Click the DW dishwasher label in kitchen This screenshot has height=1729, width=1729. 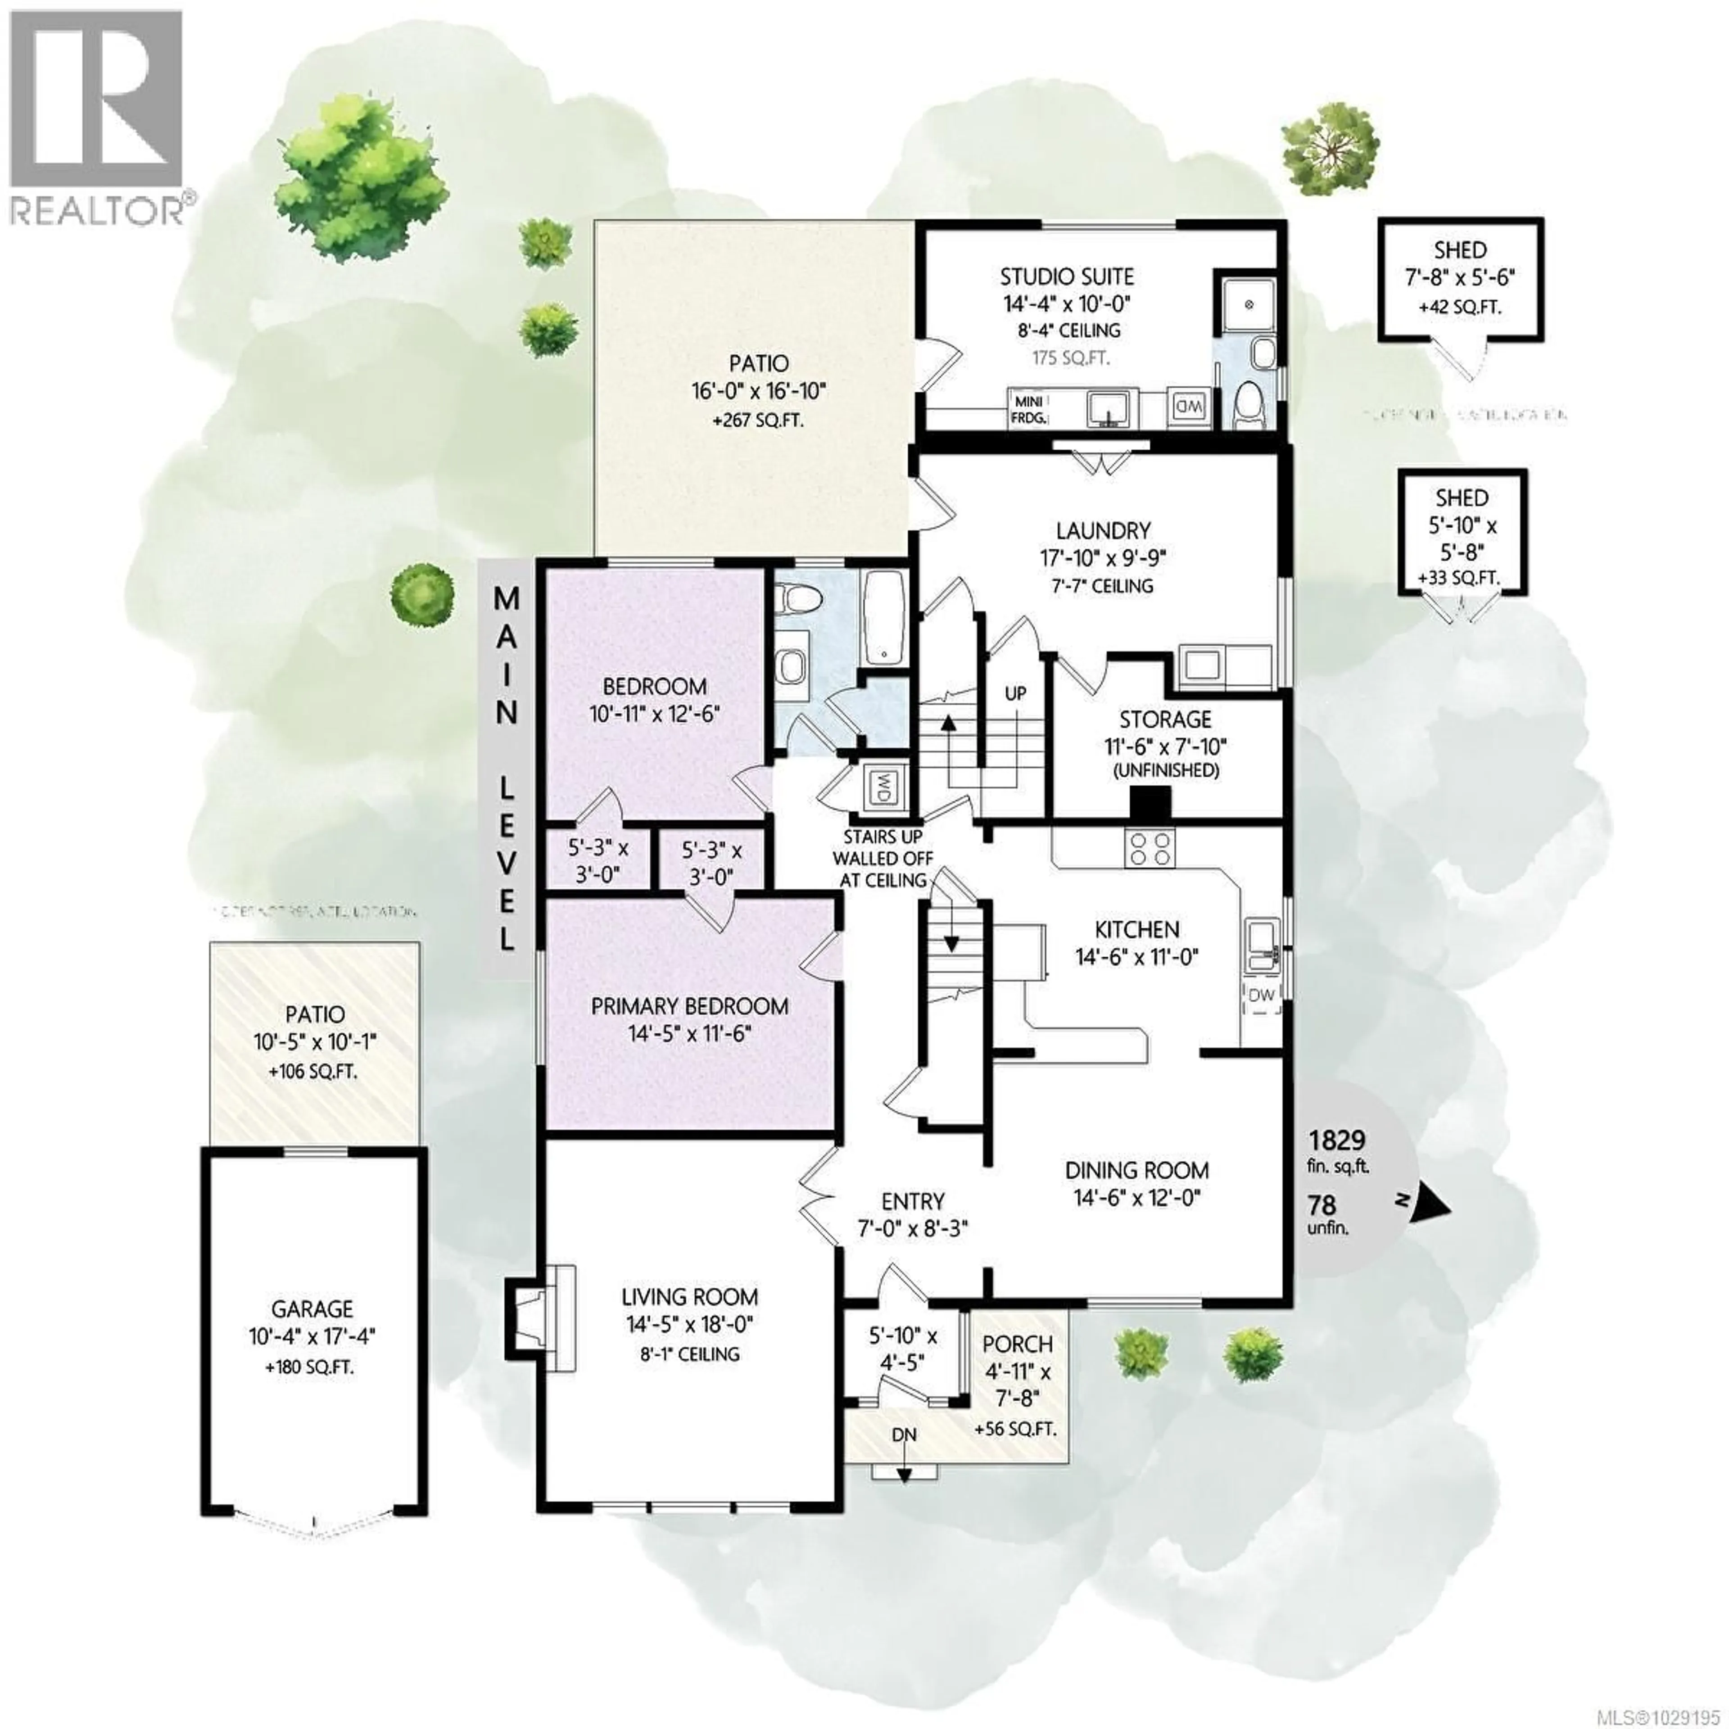(x=1260, y=995)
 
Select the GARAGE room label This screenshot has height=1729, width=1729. (x=312, y=1309)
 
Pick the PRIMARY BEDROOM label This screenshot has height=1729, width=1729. (x=689, y=1006)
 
